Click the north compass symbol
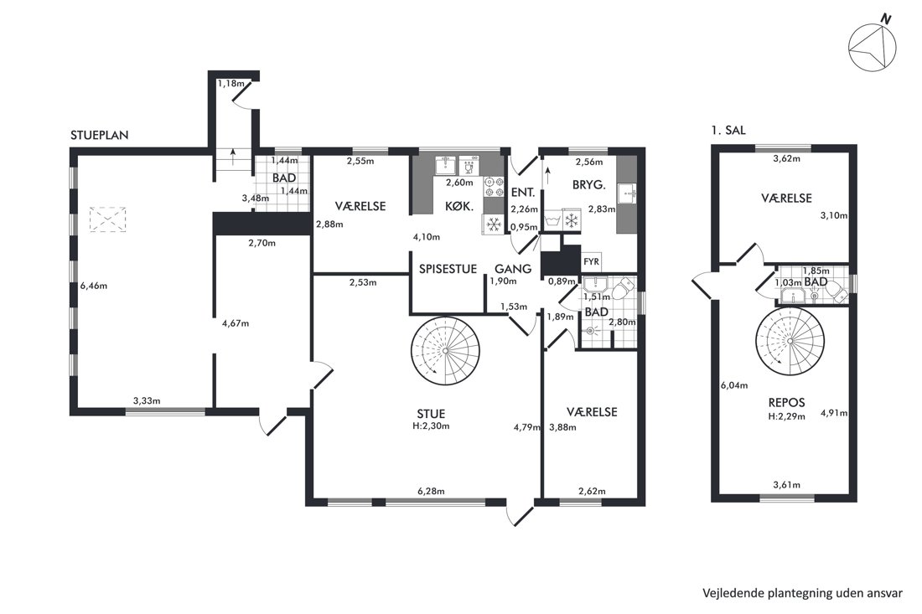873,44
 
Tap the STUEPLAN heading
100,135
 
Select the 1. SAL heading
728,131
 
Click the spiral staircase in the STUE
446,351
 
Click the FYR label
590,262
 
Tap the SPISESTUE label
448,270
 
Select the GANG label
513,269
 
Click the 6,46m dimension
94,286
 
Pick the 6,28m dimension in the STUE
431,491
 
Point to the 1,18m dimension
230,84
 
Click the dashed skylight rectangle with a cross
107,219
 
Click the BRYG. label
588,185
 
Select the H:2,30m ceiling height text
431,426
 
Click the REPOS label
786,403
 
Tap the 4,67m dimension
236,323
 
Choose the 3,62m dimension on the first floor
786,158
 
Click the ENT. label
523,193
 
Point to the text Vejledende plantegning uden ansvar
802,593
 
